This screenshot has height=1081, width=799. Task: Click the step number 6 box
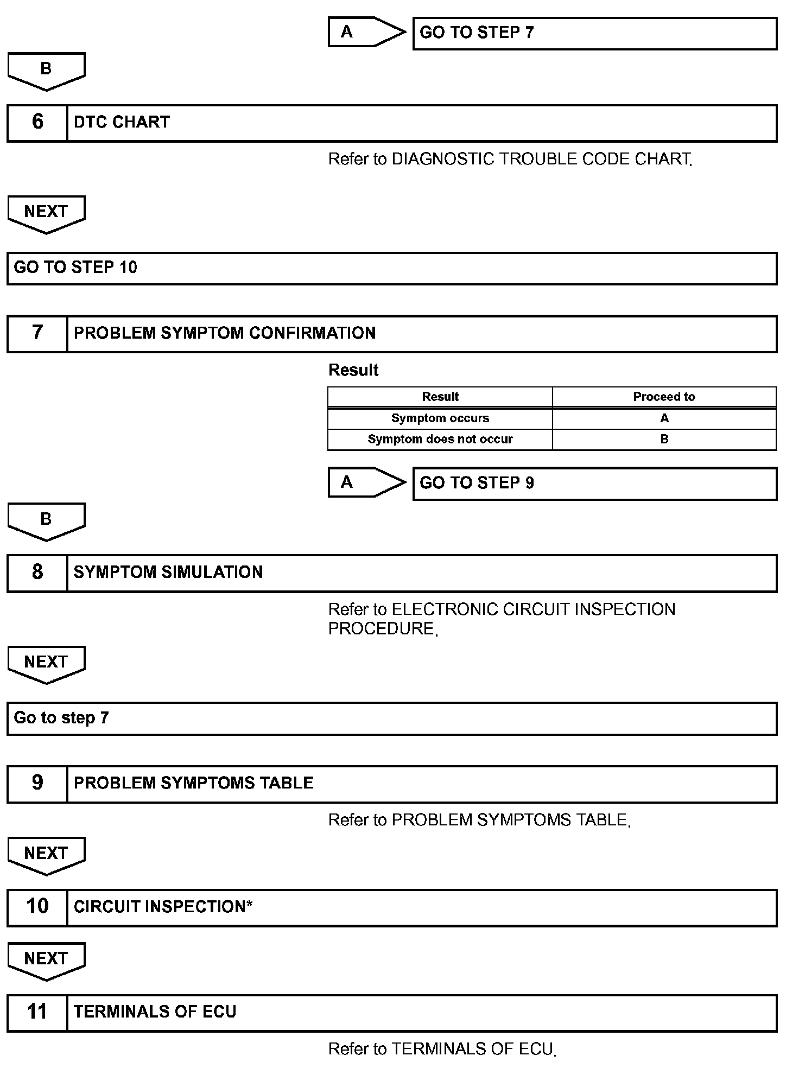(37, 123)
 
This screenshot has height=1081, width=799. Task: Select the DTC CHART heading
(122, 122)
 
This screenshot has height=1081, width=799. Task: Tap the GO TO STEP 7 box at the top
(594, 33)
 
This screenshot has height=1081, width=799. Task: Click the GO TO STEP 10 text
(75, 268)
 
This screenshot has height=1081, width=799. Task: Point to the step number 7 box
(37, 333)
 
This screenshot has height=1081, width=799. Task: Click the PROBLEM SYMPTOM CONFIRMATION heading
(225, 333)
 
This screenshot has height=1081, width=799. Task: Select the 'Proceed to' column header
(664, 397)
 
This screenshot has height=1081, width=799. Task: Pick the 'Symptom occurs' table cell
(440, 418)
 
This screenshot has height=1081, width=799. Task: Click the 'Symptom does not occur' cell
(440, 439)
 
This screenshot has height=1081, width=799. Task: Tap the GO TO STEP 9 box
(594, 483)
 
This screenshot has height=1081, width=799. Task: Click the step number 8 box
(37, 573)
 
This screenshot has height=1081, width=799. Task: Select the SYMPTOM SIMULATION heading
(168, 573)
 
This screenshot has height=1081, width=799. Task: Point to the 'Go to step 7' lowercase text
(61, 718)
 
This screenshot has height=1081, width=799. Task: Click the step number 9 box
(37, 783)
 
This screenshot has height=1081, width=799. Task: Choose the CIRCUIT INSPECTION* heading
(163, 907)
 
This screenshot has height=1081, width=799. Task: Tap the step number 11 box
(37, 1012)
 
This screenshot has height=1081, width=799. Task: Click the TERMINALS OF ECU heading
(155, 1012)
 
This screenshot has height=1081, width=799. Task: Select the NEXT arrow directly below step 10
(46, 959)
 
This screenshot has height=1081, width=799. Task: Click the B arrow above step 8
(46, 520)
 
